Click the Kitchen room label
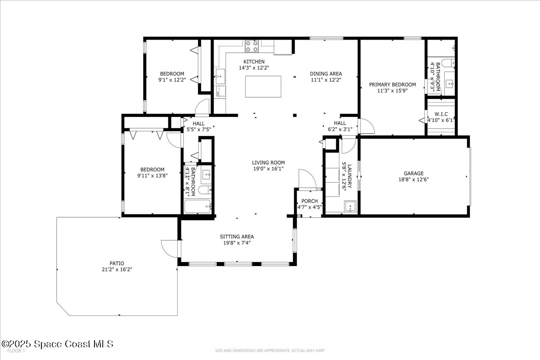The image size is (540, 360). [x=254, y=62]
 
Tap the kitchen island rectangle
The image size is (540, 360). [x=263, y=86]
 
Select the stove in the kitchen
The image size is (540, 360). [x=252, y=46]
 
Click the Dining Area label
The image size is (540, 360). [x=326, y=74]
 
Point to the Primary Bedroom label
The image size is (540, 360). [x=392, y=84]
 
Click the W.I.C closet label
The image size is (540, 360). [x=440, y=114]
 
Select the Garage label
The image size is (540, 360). [x=413, y=173]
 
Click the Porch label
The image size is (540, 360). [x=310, y=201]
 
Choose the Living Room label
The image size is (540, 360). [x=268, y=163]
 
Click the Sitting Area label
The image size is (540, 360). [x=237, y=237]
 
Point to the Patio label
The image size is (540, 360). [x=116, y=263]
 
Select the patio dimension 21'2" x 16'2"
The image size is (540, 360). [x=116, y=270]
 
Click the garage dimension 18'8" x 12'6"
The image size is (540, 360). [x=413, y=180]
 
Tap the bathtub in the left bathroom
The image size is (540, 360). [x=198, y=207]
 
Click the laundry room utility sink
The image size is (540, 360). [x=350, y=207]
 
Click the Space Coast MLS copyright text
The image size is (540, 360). [x=57, y=344]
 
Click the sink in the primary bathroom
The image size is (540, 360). [x=449, y=83]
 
